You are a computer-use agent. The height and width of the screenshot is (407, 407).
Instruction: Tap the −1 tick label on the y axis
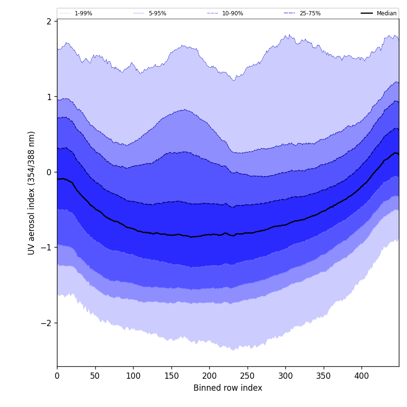[x=46, y=248]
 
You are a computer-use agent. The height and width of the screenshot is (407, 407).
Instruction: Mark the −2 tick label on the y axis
[x=46, y=323]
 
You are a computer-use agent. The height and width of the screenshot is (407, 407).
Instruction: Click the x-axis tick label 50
[x=95, y=376]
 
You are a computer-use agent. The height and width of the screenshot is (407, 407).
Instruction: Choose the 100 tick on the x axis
[x=133, y=376]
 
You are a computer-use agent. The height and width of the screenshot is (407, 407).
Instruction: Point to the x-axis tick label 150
[x=171, y=376]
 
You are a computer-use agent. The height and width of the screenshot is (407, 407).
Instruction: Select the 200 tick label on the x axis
[x=209, y=376]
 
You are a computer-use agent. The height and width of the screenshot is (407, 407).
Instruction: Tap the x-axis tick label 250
[x=248, y=376]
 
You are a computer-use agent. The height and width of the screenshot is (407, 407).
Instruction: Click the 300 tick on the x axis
[x=285, y=376]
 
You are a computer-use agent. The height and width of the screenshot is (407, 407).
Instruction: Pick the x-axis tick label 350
[x=324, y=376]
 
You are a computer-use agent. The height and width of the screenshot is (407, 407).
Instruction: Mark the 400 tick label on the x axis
[x=362, y=376]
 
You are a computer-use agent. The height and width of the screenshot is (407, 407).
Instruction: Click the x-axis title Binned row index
[x=228, y=388]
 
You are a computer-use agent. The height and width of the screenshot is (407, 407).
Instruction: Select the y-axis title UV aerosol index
[x=32, y=192]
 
